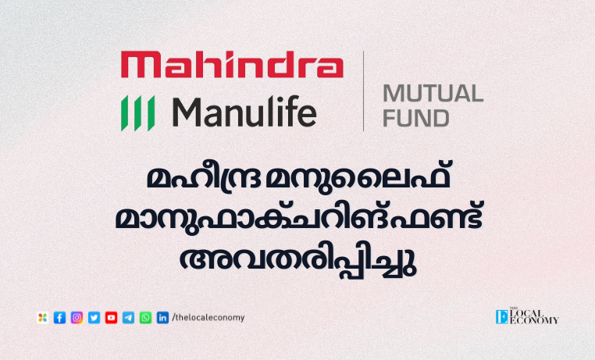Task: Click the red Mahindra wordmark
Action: tap(232, 65)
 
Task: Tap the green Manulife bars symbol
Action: tap(137, 113)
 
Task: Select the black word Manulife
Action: tap(244, 112)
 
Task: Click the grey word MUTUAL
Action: tap(433, 94)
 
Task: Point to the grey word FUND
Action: tap(416, 118)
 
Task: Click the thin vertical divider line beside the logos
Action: tap(364, 91)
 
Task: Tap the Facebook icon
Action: tap(59, 318)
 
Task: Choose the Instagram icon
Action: tap(77, 318)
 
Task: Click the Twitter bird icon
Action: tap(94, 318)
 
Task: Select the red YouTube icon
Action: tap(111, 318)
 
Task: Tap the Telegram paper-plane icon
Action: tap(128, 318)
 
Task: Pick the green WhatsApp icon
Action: tap(145, 318)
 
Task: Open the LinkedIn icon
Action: tap(162, 318)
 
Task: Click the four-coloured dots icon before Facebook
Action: tap(42, 318)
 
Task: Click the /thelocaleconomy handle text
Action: tap(208, 318)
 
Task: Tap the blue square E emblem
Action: tap(501, 317)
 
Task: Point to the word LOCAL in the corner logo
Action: tap(527, 313)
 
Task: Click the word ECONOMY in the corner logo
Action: tap(534, 320)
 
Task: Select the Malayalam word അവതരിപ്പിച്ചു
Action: tap(297, 262)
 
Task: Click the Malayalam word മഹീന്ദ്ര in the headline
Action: tap(203, 177)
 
